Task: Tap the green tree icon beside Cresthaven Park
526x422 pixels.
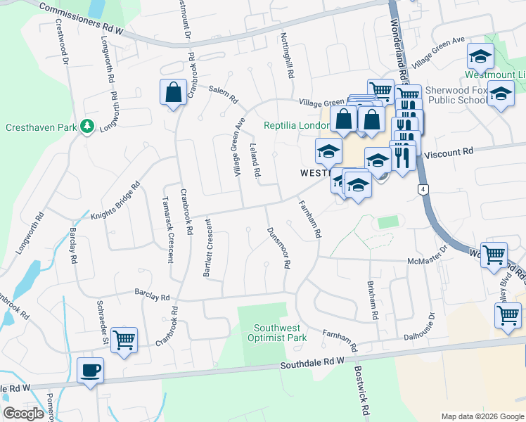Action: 87,127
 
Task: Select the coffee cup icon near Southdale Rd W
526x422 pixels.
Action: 91,370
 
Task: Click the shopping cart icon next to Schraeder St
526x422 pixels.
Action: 124,340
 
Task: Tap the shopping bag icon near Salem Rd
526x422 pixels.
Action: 173,92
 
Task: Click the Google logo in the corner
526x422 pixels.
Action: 24,414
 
